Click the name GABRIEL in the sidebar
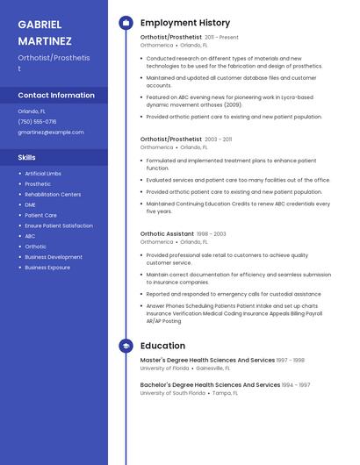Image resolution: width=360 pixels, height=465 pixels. point(40,24)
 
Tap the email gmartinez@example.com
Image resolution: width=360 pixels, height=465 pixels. point(51,132)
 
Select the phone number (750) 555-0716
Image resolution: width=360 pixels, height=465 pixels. point(37,122)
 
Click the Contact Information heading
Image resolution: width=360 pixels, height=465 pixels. point(56,95)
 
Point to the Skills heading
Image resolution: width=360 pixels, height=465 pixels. point(26,157)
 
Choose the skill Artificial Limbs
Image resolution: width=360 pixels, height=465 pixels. point(43,174)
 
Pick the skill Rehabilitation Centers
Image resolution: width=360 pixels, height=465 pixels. point(53,194)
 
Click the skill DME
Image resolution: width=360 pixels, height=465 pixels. point(30,204)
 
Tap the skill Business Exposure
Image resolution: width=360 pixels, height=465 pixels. point(47,268)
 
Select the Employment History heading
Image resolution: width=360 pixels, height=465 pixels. point(185,23)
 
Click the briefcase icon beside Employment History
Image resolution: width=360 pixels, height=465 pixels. point(126,23)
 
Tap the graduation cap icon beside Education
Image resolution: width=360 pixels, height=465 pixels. point(126,346)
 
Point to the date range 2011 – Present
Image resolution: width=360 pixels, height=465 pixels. point(221,38)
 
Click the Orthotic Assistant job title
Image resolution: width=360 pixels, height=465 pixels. point(167,234)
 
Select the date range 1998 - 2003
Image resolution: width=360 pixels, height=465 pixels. point(211,234)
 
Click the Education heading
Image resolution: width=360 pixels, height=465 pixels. point(162,346)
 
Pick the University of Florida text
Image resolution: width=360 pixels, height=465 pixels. point(164,368)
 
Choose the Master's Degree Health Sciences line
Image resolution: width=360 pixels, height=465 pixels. point(207,360)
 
